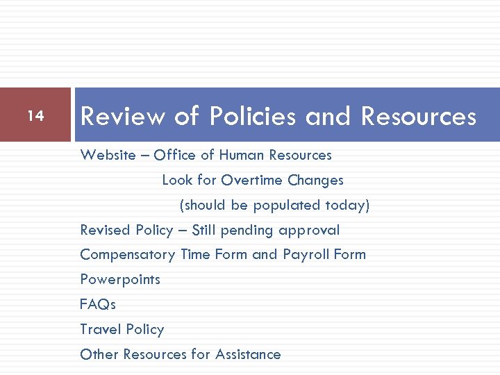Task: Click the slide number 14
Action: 35,116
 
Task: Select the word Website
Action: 108,155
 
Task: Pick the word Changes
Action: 316,180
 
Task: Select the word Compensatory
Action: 128,255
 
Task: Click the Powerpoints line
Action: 120,280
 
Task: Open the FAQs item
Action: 98,304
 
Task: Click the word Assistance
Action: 248,354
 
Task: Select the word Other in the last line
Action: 99,354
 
